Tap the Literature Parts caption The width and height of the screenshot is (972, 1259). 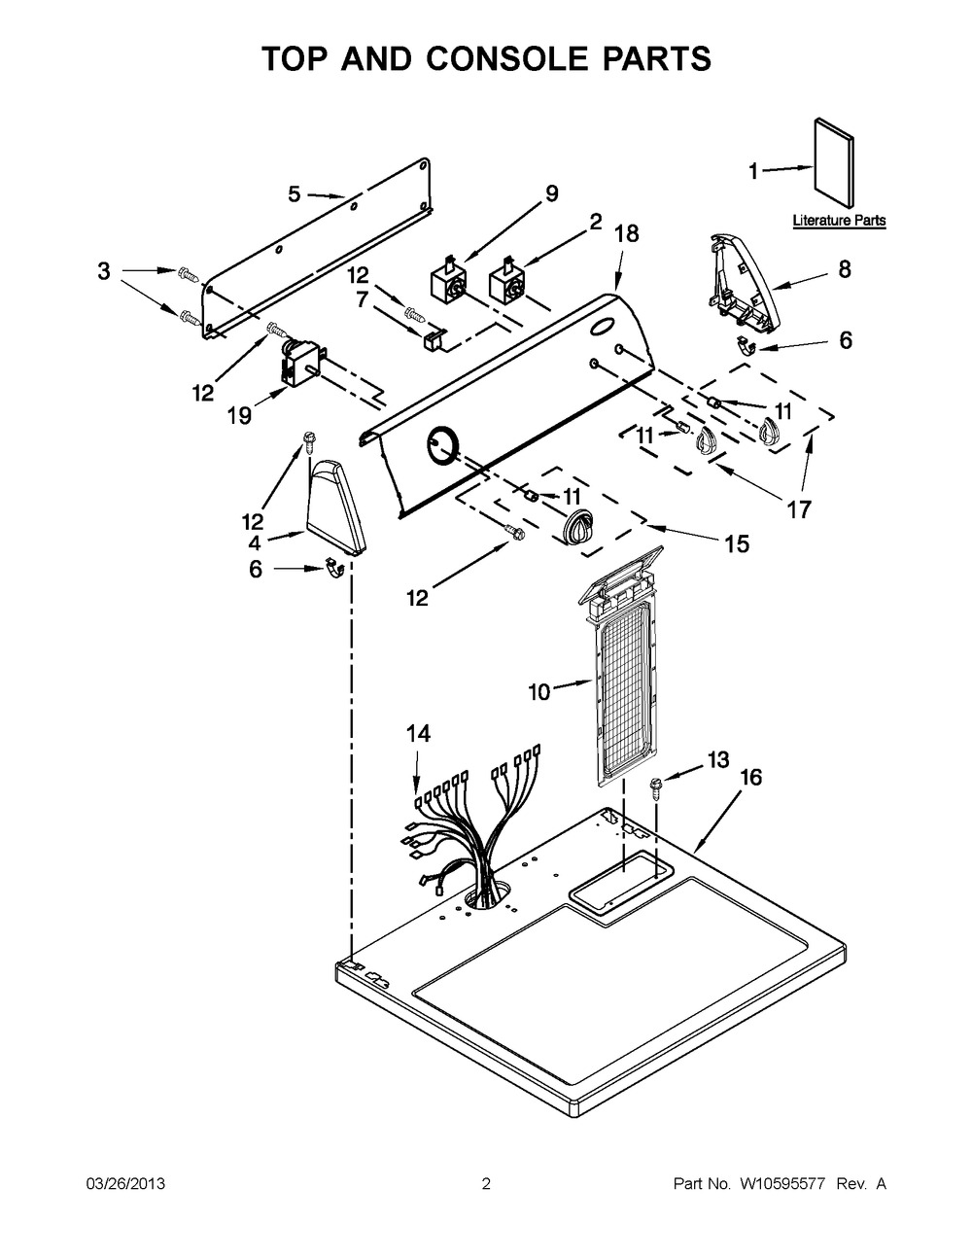[x=839, y=221]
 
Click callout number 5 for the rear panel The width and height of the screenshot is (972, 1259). [x=295, y=194]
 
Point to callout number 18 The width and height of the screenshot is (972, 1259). [x=627, y=233]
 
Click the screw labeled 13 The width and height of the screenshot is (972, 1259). [x=657, y=786]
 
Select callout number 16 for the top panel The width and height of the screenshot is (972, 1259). [x=750, y=778]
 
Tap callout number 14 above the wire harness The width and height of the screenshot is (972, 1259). [x=418, y=734]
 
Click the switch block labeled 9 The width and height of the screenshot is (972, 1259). [x=449, y=282]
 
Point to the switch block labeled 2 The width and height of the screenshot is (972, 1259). [x=507, y=282]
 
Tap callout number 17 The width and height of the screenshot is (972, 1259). [x=799, y=508]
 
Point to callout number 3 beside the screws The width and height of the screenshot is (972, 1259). [x=104, y=271]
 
